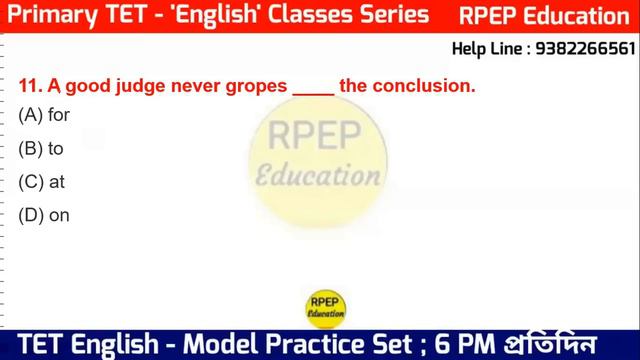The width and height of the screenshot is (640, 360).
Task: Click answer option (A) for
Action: click(x=44, y=115)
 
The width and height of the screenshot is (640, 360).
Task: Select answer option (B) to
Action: click(x=41, y=148)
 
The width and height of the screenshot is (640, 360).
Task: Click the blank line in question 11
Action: click(x=313, y=88)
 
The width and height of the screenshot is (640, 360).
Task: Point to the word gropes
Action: click(x=259, y=87)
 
